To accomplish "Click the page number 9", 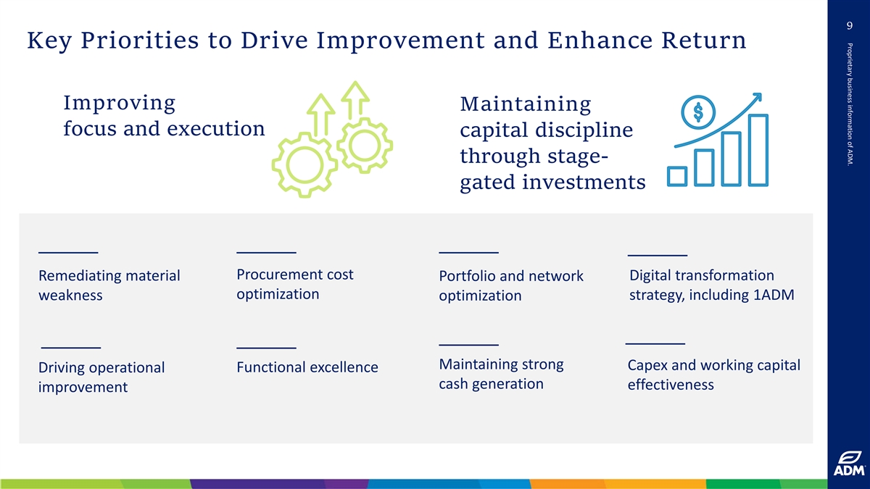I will [x=848, y=27].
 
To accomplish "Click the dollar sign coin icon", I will [x=698, y=112].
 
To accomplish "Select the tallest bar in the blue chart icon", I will [x=758, y=149].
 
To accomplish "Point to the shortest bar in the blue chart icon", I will [x=677, y=176].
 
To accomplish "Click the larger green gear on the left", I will [x=304, y=160].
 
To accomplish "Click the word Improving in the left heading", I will [x=119, y=103].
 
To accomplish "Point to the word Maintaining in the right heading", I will [x=526, y=105].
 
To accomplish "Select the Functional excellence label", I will [x=307, y=367].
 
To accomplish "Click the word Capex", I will [x=647, y=365].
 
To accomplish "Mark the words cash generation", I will [x=491, y=384].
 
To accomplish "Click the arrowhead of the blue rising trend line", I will [x=758, y=97].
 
